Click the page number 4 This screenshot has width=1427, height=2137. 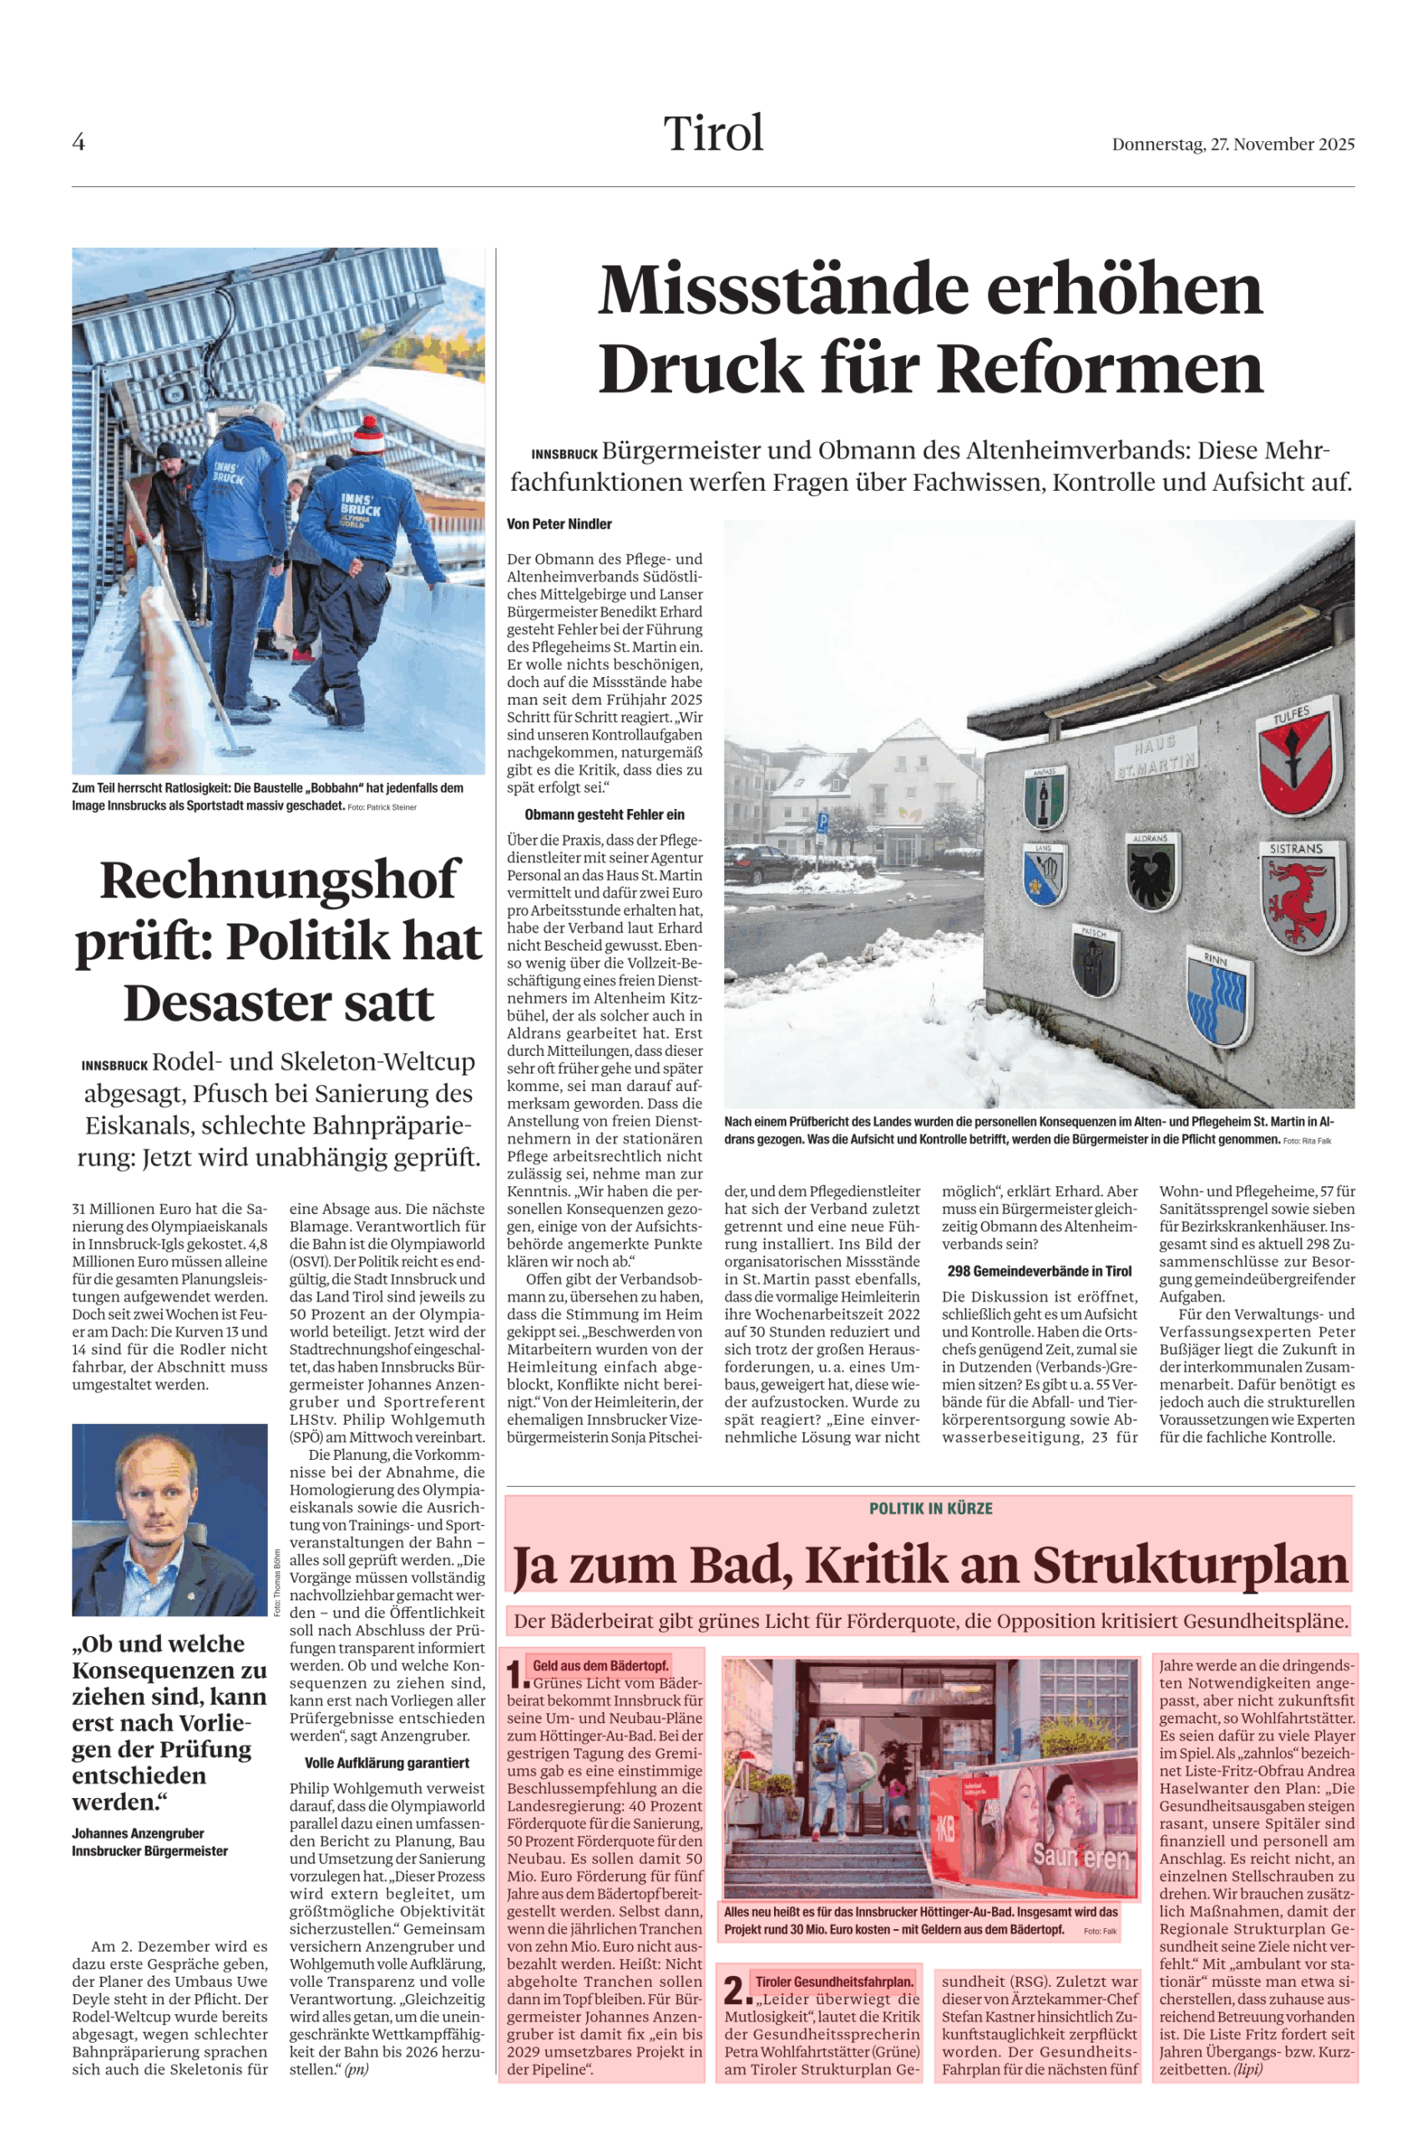tap(78, 142)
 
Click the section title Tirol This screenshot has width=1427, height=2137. tap(712, 134)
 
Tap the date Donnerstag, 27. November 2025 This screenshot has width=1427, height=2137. tap(1232, 144)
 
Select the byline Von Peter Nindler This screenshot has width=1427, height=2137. tap(559, 524)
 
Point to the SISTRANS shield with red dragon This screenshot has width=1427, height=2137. tap(1298, 896)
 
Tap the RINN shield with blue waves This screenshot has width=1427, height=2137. tap(1217, 997)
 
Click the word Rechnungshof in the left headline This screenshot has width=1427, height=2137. tap(279, 880)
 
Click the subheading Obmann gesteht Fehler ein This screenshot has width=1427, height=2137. tap(605, 814)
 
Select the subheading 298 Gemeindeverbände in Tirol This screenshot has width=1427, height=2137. tap(1040, 1271)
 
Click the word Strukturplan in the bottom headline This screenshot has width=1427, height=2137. tap(1191, 1566)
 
